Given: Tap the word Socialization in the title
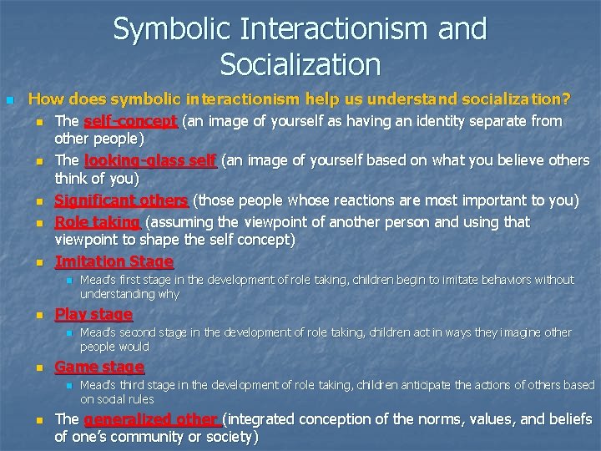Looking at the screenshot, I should pyautogui.click(x=300, y=63).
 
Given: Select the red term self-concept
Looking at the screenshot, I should pyautogui.click(x=130, y=122).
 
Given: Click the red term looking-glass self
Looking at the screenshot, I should pyautogui.click(x=150, y=161).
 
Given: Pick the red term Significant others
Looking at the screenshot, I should pyautogui.click(x=122, y=201).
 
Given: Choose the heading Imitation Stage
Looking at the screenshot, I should pyautogui.click(x=114, y=262).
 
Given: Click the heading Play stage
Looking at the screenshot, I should pyautogui.click(x=93, y=315).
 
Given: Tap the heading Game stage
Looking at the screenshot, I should pyautogui.click(x=98, y=367).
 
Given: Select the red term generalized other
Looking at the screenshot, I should pyautogui.click(x=151, y=419).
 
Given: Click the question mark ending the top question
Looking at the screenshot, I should pyautogui.click(x=566, y=100).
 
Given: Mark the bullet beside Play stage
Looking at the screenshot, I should pyautogui.click(x=38, y=316).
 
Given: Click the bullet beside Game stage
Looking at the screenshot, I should pyautogui.click(x=38, y=368).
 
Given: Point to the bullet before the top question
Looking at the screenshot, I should pyautogui.click(x=10, y=101).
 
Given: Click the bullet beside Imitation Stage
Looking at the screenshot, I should pyautogui.click(x=38, y=262).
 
